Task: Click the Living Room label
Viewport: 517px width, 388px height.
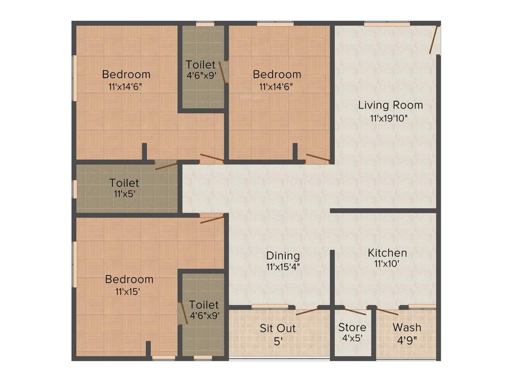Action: pyautogui.click(x=390, y=105)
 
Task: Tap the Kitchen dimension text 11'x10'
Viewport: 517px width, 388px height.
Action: pyautogui.click(x=387, y=263)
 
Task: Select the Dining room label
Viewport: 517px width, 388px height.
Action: pyautogui.click(x=283, y=256)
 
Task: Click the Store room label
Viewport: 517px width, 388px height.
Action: pyautogui.click(x=352, y=327)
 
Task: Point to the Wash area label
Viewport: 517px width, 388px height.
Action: pyautogui.click(x=406, y=327)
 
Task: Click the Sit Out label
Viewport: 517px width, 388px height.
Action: pyautogui.click(x=278, y=328)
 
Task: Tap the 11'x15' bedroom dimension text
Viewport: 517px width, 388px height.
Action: pyautogui.click(x=127, y=291)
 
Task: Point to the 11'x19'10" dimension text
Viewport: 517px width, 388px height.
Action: pyautogui.click(x=388, y=119)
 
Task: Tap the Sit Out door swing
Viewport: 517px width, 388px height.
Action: pyautogui.click(x=307, y=311)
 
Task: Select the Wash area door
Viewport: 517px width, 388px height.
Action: pyautogui.click(x=387, y=311)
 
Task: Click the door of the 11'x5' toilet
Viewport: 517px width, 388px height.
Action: pyautogui.click(x=166, y=165)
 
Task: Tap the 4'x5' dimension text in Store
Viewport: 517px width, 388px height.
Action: pyautogui.click(x=351, y=339)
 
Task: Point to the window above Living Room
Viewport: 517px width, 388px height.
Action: pyautogui.click(x=387, y=23)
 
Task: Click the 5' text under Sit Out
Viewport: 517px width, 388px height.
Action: pyautogui.click(x=277, y=341)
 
